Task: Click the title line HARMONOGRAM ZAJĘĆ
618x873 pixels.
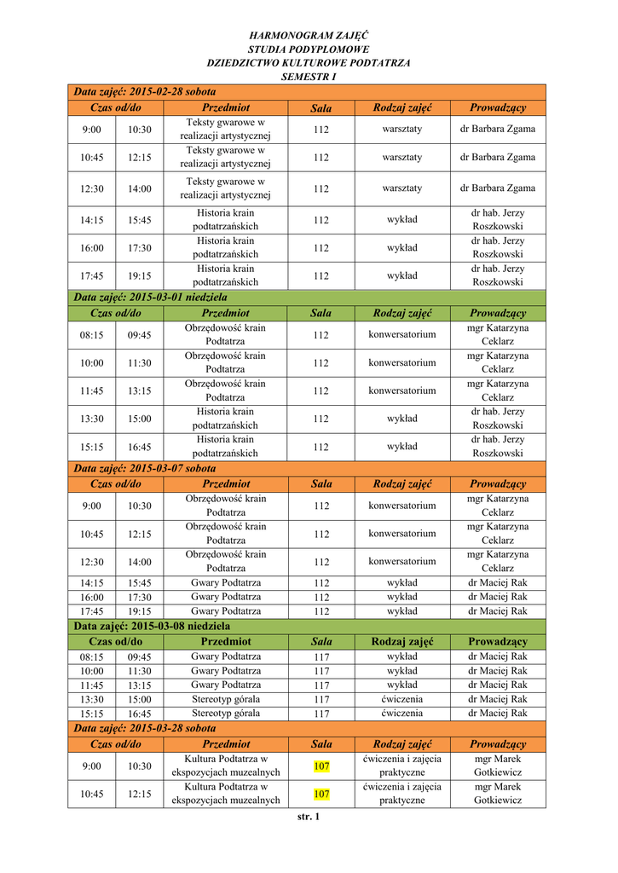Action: click(309, 35)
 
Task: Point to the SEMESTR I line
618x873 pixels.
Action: click(309, 77)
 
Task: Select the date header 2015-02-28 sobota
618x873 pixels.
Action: click(145, 91)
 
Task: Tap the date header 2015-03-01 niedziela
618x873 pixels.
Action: click(151, 298)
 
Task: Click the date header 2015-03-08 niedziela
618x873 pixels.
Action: click(152, 626)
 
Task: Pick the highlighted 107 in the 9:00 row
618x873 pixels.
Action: click(321, 766)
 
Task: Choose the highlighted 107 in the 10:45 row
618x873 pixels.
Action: click(321, 795)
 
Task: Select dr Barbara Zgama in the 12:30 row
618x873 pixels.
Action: click(498, 188)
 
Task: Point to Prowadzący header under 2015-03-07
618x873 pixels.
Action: click(498, 484)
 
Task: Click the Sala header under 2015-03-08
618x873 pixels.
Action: click(321, 641)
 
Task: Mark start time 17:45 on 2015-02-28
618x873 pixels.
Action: click(92, 276)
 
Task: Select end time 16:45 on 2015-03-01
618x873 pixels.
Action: click(140, 447)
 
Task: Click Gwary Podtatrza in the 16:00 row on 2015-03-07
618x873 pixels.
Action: click(226, 597)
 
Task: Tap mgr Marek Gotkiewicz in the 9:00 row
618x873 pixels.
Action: click(498, 766)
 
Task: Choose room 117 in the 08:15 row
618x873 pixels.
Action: click(321, 657)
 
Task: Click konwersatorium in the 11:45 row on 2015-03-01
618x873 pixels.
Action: click(402, 390)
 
